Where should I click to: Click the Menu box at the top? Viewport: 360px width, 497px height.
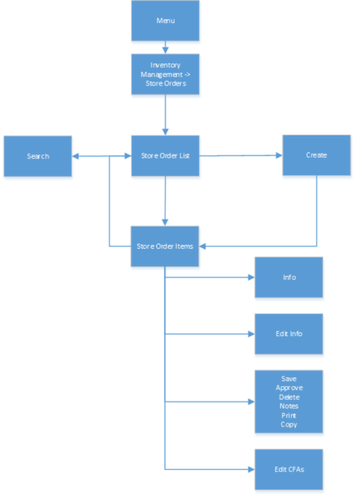pyautogui.click(x=165, y=21)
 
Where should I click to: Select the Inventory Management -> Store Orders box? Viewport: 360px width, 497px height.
pyautogui.click(x=165, y=74)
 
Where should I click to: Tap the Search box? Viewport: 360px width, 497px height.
pyautogui.click(x=37, y=156)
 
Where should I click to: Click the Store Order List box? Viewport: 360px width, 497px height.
pyautogui.click(x=165, y=156)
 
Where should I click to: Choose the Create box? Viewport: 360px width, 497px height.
pyautogui.click(x=316, y=155)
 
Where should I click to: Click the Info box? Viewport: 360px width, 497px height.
pyautogui.click(x=289, y=277)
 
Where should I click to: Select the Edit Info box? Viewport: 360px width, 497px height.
pyautogui.click(x=289, y=334)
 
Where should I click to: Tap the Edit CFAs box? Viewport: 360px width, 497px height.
pyautogui.click(x=289, y=469)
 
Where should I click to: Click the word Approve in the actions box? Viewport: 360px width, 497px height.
pyautogui.click(x=289, y=388)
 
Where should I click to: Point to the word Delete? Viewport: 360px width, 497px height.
pyautogui.click(x=289, y=396)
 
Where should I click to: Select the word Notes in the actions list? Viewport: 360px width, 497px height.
pyautogui.click(x=289, y=406)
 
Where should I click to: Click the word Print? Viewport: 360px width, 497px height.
pyautogui.click(x=289, y=415)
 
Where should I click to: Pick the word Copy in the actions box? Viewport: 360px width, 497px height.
pyautogui.click(x=289, y=425)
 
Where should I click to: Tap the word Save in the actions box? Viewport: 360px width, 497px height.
pyautogui.click(x=289, y=378)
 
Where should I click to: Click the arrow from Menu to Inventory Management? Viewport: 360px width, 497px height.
pyautogui.click(x=165, y=47)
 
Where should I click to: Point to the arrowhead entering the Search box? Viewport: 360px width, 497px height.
pyautogui.click(x=76, y=156)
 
